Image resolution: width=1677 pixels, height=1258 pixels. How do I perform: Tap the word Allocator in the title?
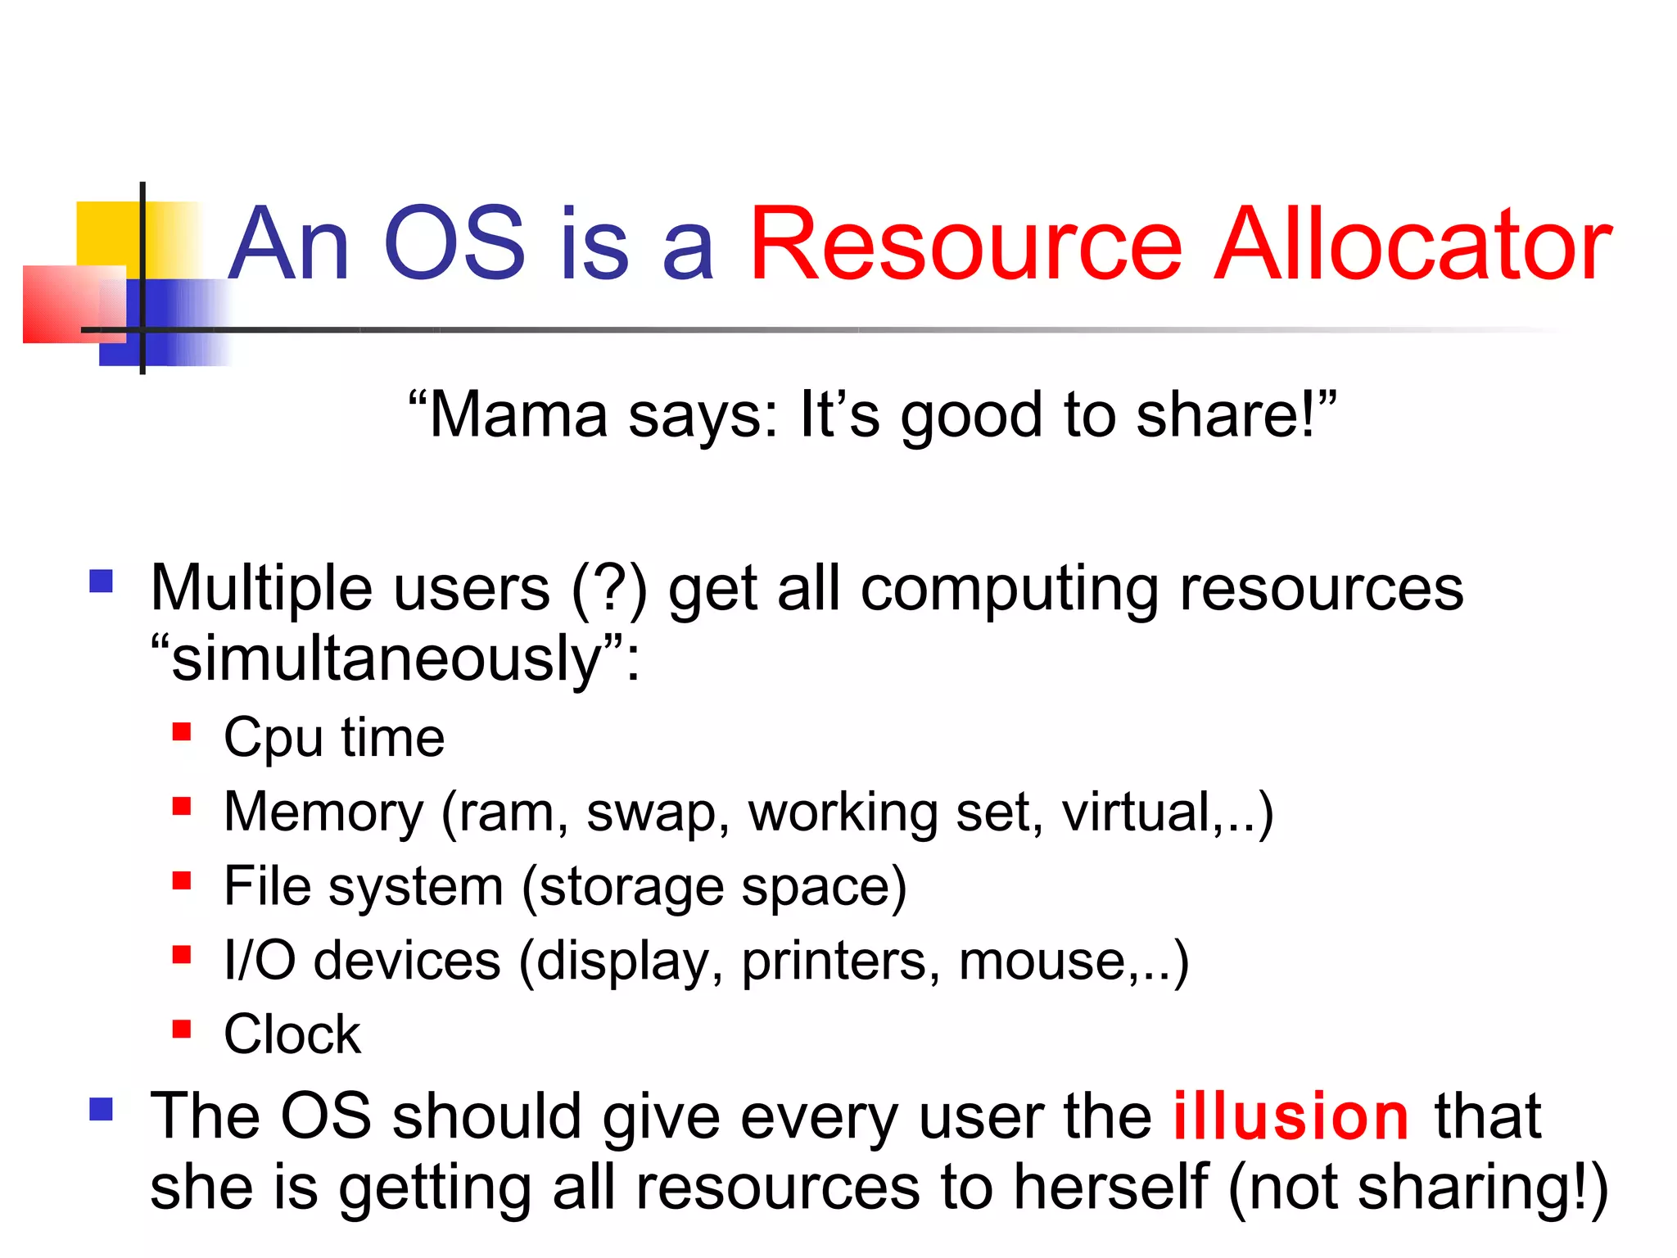coord(1412,244)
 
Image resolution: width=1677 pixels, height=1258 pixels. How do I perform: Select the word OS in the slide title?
coord(454,244)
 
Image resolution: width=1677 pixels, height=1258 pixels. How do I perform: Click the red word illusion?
coord(1291,1116)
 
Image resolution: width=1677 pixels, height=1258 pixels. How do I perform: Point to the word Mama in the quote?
coord(517,415)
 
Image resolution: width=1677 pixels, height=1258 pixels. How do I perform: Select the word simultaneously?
coord(386,659)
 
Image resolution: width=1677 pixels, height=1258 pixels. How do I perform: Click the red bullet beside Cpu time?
coord(182,731)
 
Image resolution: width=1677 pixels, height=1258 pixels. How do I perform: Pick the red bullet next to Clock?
coord(182,1028)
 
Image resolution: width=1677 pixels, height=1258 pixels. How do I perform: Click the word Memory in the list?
coord(323,812)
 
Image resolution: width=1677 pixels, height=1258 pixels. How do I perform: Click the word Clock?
coord(292,1034)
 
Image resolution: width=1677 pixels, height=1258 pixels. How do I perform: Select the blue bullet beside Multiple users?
coord(101,581)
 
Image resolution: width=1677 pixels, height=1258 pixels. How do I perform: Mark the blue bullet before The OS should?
coord(101,1110)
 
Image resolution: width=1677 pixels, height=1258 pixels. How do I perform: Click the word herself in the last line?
coord(1110,1188)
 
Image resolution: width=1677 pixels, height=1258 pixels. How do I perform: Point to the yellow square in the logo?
coord(106,233)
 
